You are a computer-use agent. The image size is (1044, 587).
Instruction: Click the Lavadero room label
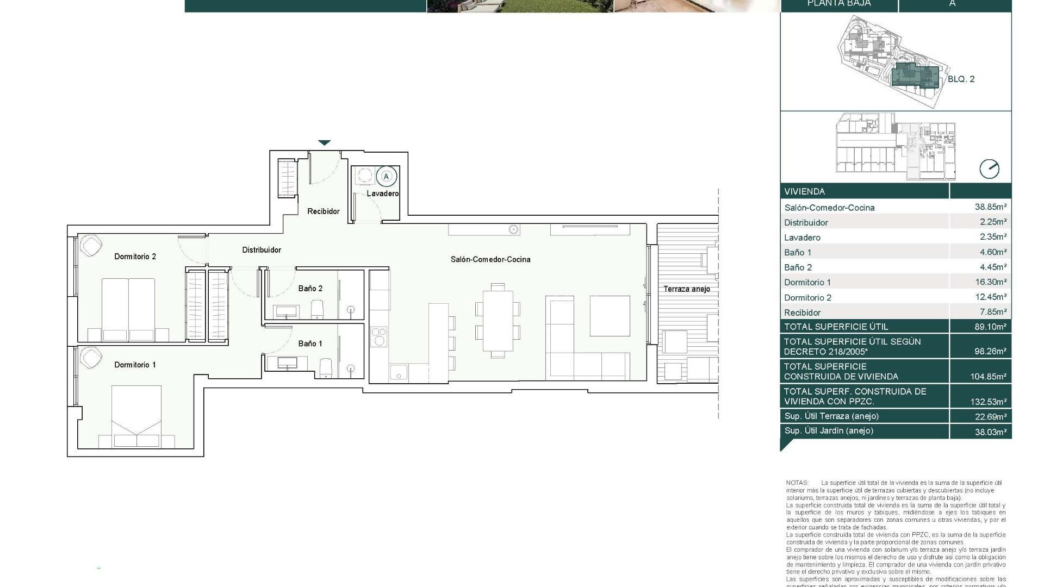(382, 193)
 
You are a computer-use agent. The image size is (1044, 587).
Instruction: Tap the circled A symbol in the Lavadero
(387, 177)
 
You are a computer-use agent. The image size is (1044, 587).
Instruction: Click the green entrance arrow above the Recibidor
(324, 143)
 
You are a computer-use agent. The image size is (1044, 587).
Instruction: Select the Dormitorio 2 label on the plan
(135, 257)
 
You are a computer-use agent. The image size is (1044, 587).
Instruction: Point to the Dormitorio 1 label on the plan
(135, 365)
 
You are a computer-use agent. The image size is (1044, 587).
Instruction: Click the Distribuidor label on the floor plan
(262, 250)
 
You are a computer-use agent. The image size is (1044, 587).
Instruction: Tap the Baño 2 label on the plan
(310, 289)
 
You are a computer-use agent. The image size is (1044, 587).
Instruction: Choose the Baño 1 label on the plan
(310, 344)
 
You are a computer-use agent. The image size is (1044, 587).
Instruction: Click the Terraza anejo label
(686, 289)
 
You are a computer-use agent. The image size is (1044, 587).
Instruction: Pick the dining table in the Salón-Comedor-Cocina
(498, 321)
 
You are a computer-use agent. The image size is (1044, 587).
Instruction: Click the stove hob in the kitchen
(379, 336)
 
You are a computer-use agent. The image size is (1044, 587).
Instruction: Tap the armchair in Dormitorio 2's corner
(90, 245)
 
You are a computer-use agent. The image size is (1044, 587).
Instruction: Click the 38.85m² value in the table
(990, 207)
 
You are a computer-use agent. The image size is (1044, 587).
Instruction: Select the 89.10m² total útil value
(990, 327)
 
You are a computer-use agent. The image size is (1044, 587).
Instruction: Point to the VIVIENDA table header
(804, 191)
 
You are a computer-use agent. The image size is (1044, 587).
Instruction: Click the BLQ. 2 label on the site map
(961, 79)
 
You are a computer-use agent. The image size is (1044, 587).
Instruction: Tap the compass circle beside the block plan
(989, 169)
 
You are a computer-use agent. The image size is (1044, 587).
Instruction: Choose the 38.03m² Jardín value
(990, 431)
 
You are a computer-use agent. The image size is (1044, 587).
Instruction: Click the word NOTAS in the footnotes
(797, 483)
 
